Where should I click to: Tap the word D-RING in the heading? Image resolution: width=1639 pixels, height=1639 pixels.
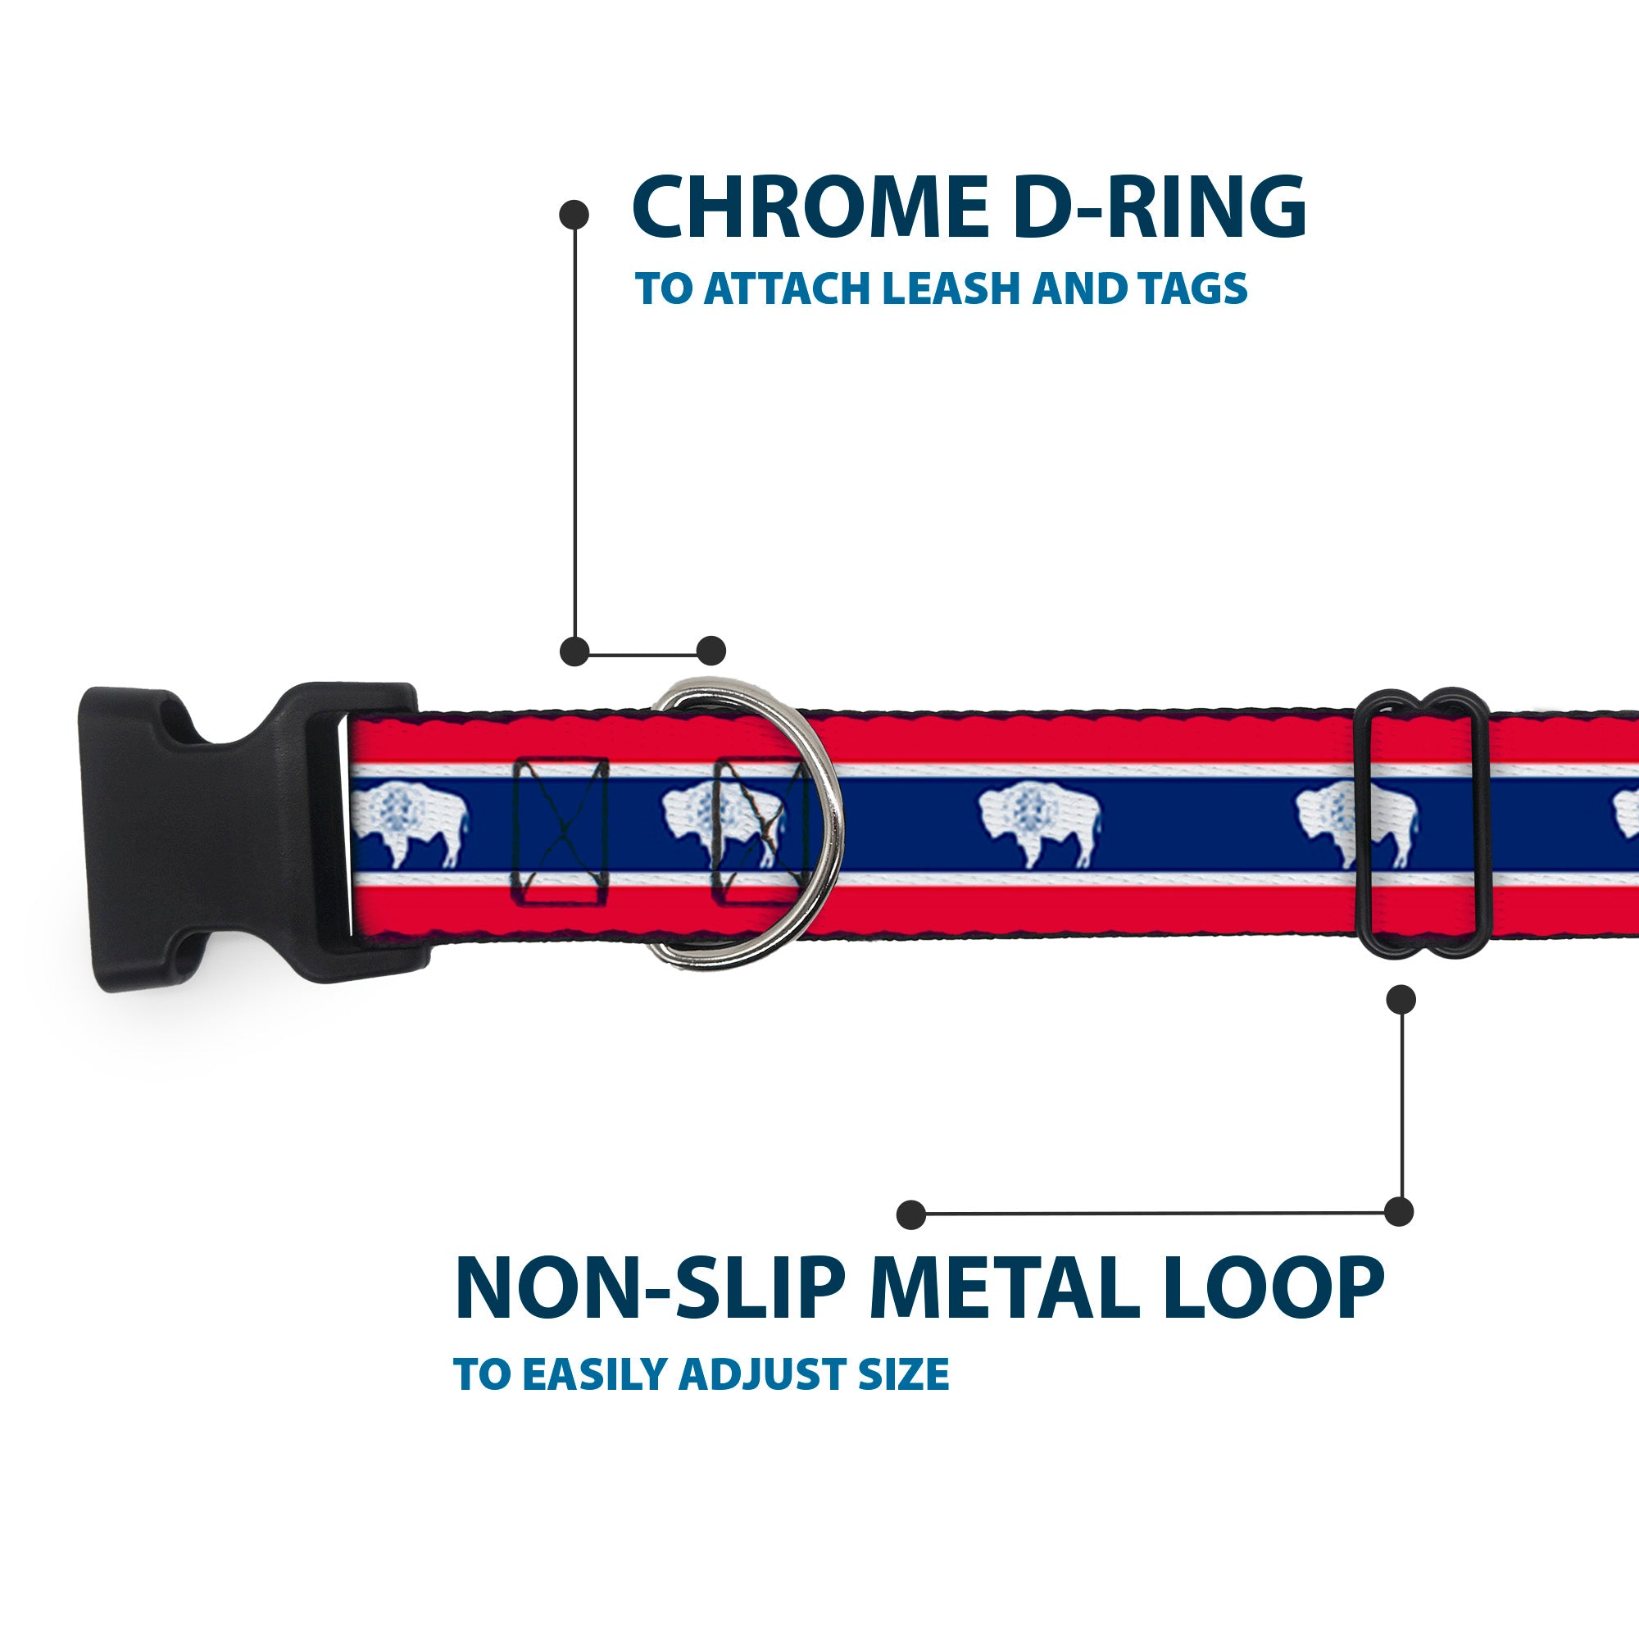point(1160,208)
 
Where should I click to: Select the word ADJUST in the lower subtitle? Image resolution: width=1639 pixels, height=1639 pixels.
point(764,1374)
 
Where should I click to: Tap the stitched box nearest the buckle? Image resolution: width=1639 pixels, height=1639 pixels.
point(561,829)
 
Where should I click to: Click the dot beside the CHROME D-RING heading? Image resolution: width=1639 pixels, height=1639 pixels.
point(574,215)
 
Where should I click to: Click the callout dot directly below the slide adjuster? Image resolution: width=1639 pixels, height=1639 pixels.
point(1401,999)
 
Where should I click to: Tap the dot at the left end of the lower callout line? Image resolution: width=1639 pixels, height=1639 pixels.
point(911,1214)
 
